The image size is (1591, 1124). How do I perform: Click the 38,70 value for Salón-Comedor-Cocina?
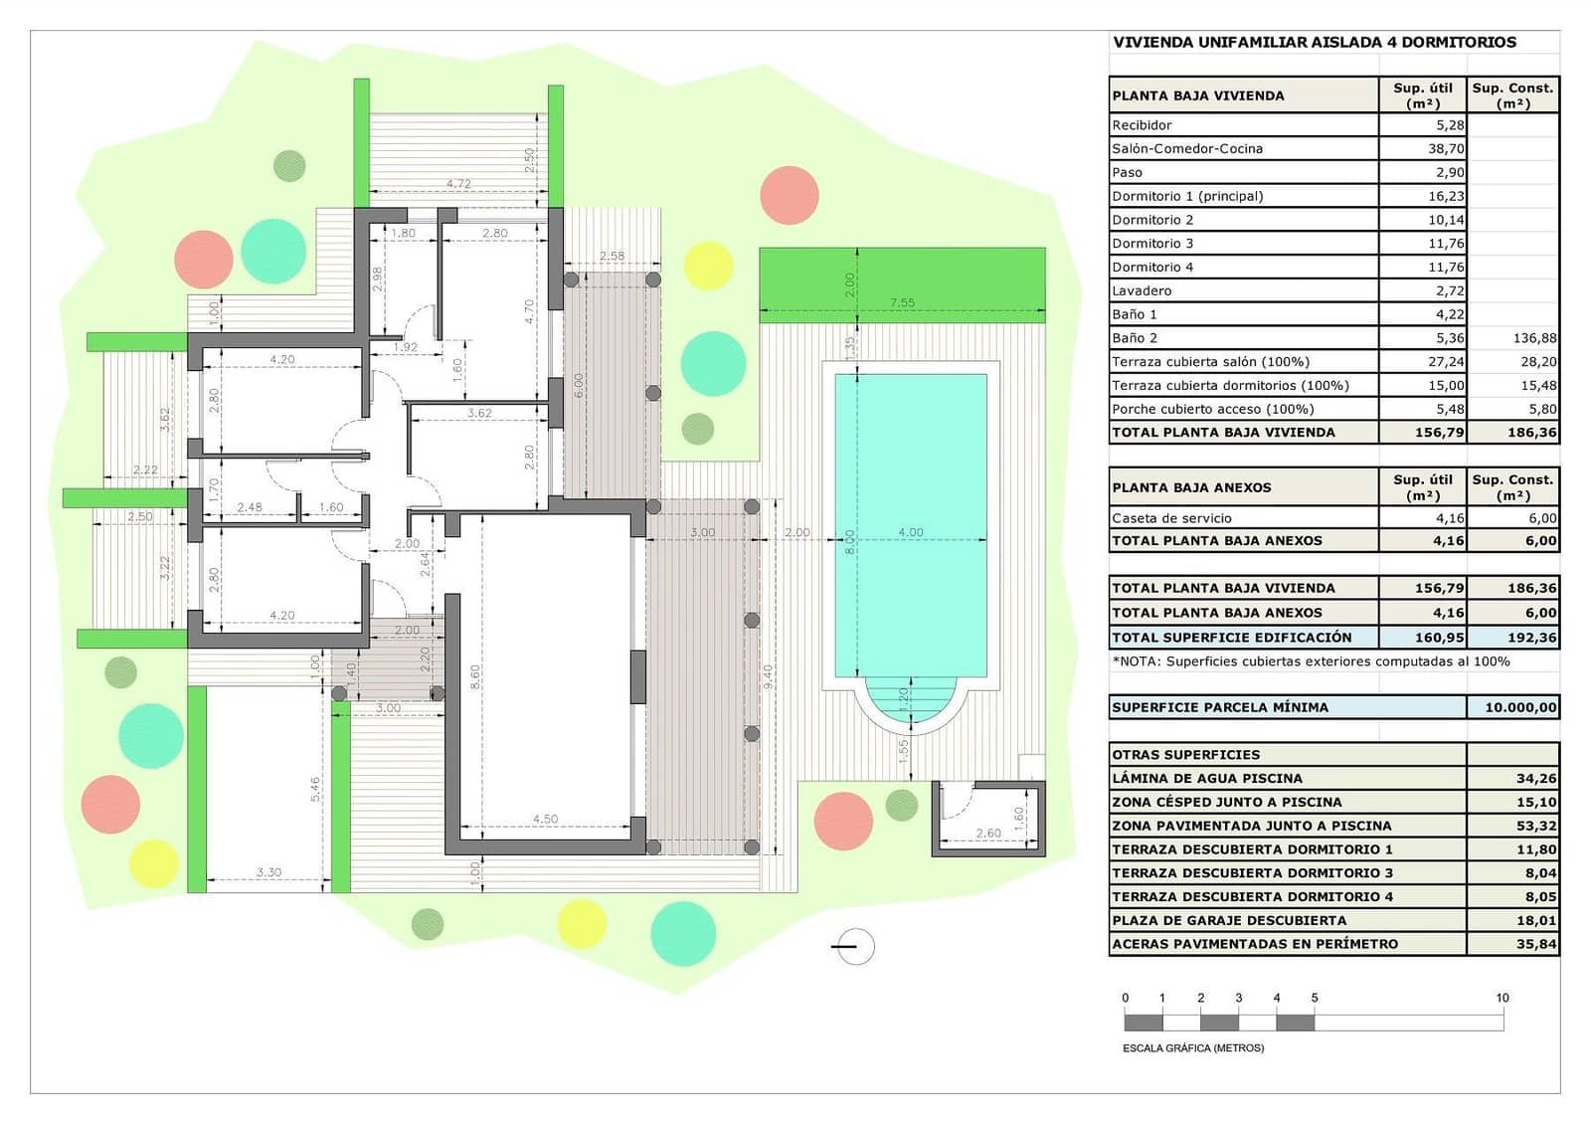1445,148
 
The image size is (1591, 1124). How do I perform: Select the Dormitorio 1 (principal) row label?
1187,196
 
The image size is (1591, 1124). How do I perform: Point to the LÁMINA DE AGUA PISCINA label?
1206,778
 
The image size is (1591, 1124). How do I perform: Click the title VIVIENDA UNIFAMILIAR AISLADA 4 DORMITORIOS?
1315,42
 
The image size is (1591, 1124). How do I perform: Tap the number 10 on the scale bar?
1502,998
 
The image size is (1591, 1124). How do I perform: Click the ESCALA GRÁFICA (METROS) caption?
1193,1048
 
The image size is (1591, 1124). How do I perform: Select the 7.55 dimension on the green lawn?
902,302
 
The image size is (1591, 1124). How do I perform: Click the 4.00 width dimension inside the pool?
911,532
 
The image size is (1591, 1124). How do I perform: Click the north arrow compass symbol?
852,947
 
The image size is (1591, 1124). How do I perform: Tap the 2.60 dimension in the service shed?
988,834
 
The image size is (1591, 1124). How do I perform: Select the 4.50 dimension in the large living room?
545,819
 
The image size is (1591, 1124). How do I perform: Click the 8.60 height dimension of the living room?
475,676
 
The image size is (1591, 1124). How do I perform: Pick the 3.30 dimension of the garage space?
268,872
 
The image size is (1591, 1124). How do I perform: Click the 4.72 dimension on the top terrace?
458,183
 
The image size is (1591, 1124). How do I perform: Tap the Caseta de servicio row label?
1171,518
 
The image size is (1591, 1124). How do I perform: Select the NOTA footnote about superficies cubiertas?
1311,661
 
